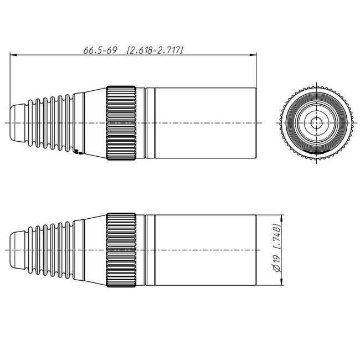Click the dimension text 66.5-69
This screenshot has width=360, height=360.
click(x=100, y=50)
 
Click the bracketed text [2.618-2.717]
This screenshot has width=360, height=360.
click(x=155, y=50)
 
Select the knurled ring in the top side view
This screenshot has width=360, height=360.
click(x=121, y=122)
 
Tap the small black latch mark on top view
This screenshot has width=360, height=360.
click(x=77, y=151)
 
